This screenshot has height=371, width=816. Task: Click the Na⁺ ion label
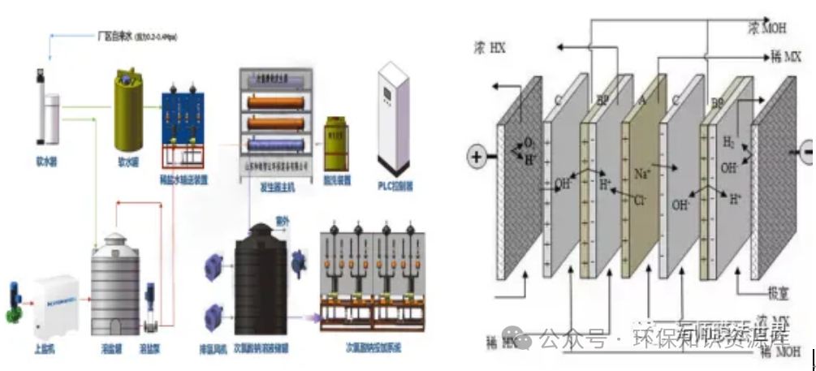click(x=641, y=173)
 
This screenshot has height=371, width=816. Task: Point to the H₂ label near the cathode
click(x=727, y=142)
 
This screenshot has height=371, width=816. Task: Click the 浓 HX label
click(x=490, y=49)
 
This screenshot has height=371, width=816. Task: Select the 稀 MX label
click(x=784, y=58)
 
